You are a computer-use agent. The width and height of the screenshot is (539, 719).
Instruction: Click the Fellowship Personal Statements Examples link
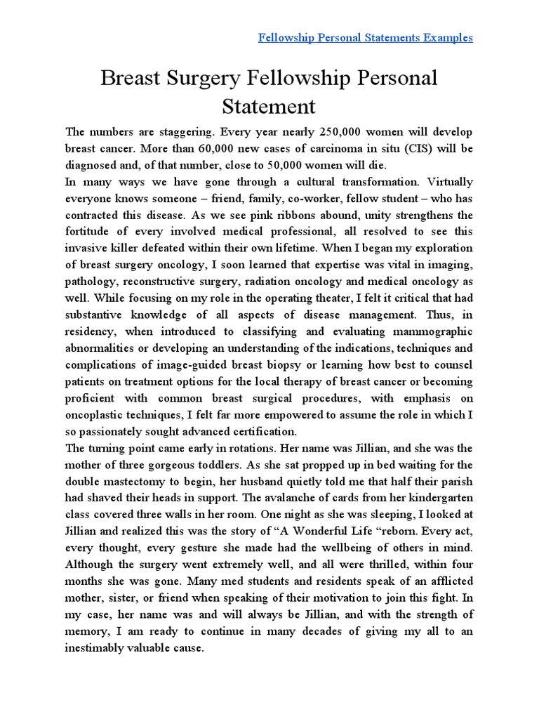365,37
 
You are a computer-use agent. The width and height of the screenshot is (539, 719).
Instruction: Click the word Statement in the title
269,107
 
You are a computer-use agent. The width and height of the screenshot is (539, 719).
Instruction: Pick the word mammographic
427,331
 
